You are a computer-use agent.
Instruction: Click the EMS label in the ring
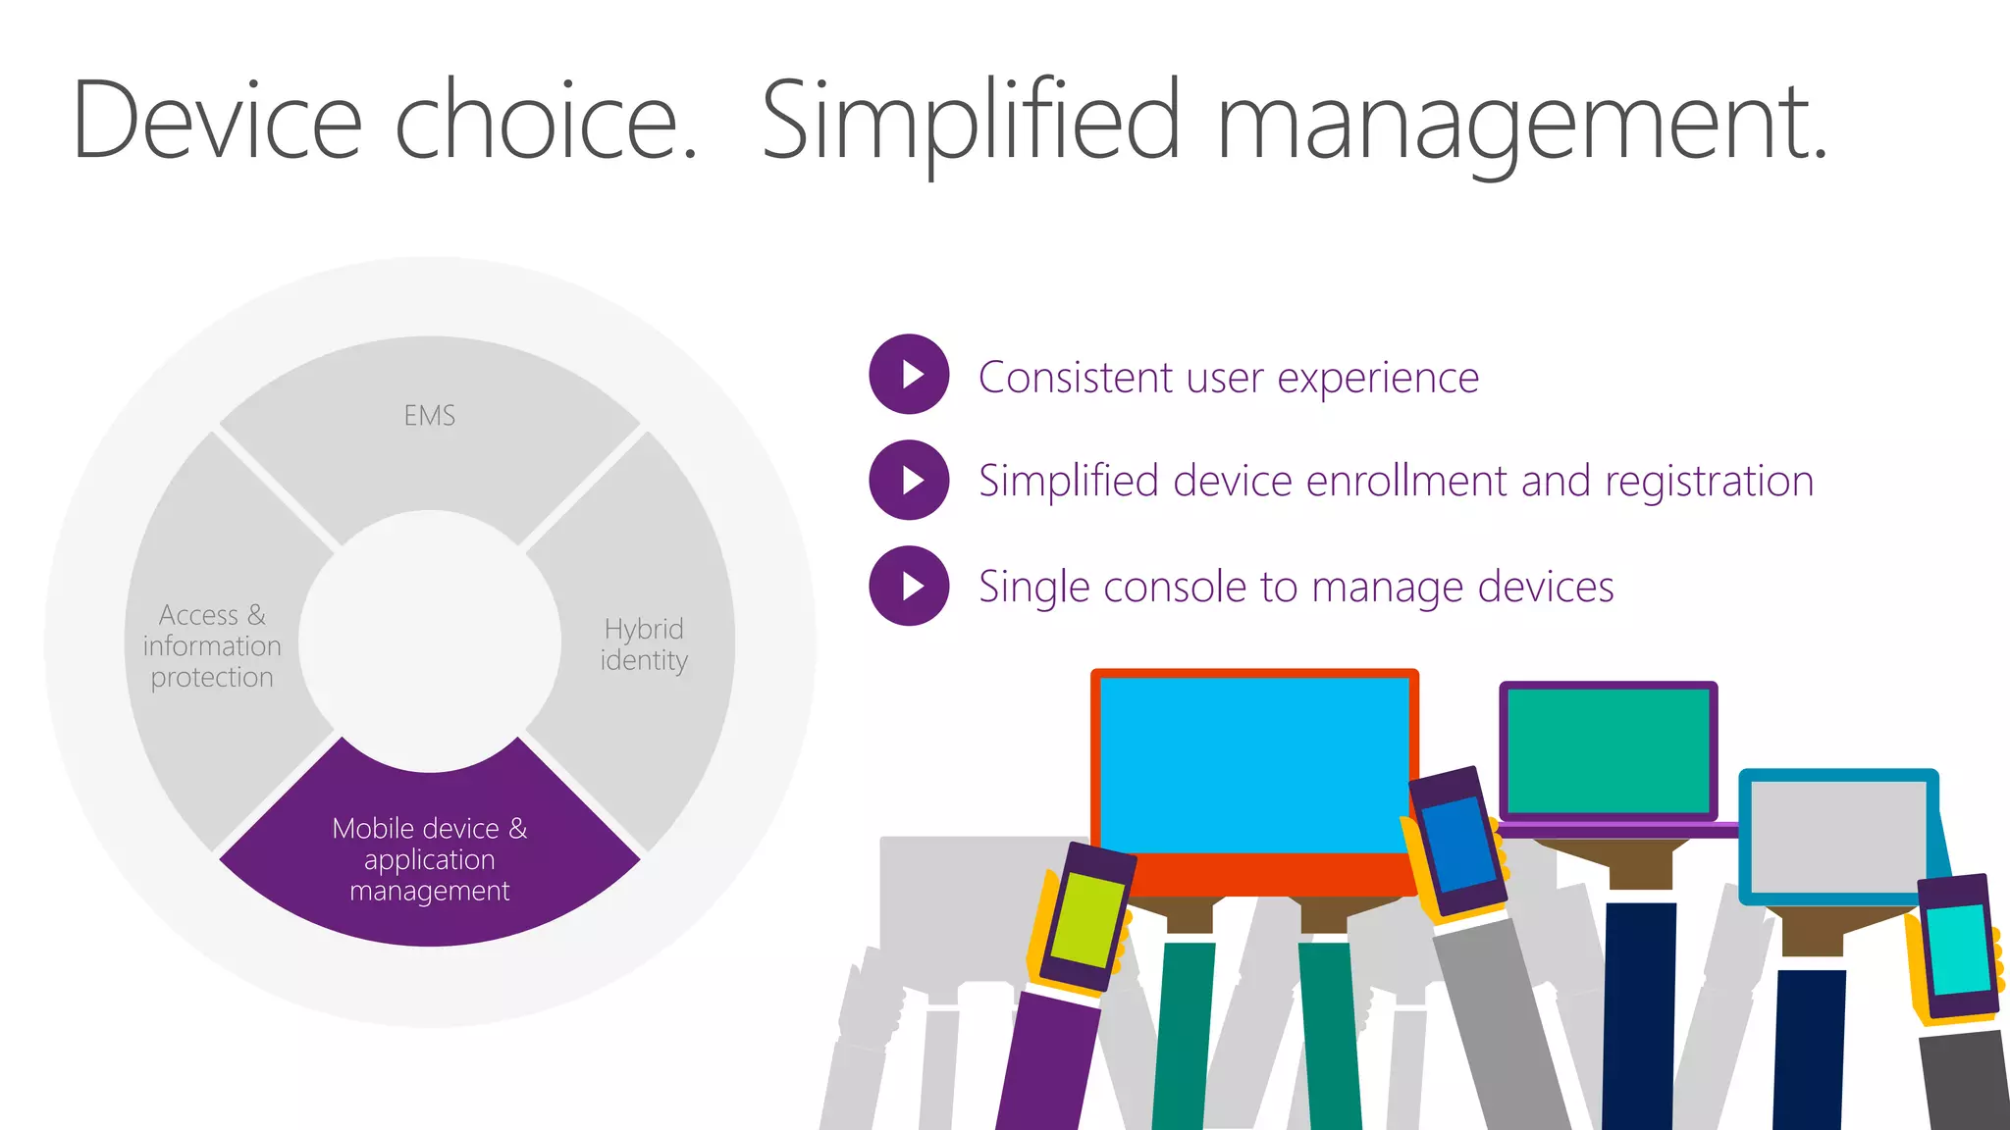click(x=430, y=416)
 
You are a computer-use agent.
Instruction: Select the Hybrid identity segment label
click(x=644, y=644)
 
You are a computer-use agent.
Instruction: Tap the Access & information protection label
click(x=212, y=645)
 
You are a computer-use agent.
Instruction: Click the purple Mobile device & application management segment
click(x=430, y=859)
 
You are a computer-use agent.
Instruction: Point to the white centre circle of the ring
click(x=430, y=641)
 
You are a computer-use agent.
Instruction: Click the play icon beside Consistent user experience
click(x=910, y=375)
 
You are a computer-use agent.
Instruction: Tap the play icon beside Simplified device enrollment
click(x=910, y=480)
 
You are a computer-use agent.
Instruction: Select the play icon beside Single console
click(x=910, y=586)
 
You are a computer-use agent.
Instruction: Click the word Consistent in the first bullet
click(x=1075, y=378)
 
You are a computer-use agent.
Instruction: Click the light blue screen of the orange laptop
click(x=1253, y=765)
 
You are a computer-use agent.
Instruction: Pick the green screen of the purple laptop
click(x=1608, y=749)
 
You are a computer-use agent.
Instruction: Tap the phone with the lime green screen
click(x=1085, y=917)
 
